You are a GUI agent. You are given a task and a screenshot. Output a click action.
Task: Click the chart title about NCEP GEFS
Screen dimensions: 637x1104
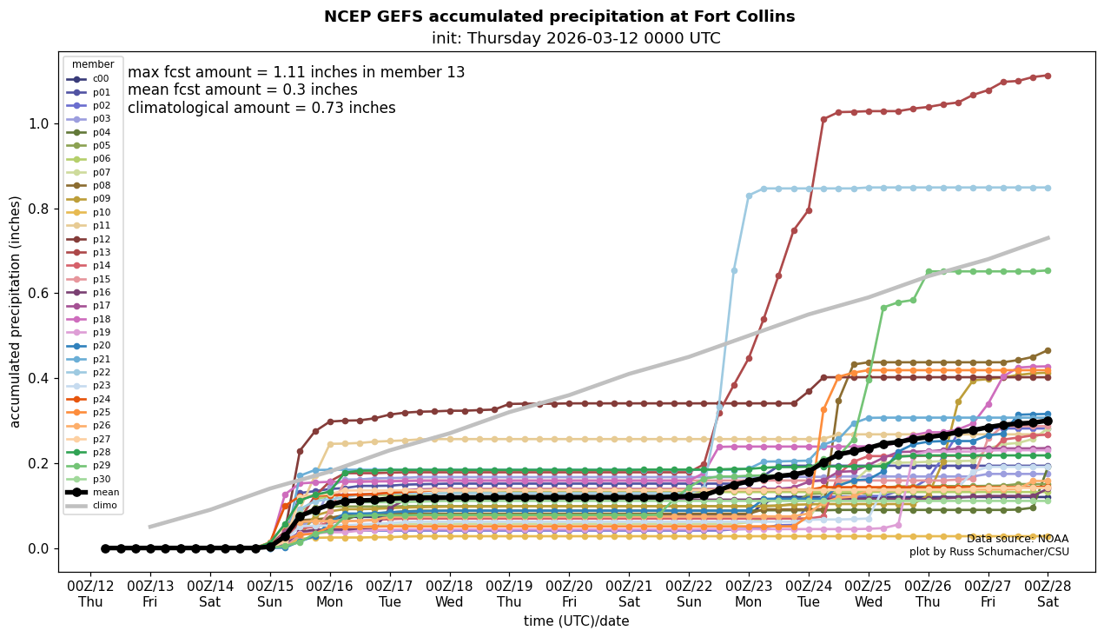pyautogui.click(x=559, y=17)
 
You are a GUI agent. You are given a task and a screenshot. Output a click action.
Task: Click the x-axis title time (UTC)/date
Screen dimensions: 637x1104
pyautogui.click(x=576, y=621)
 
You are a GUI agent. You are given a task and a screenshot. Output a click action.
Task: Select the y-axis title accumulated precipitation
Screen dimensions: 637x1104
pyautogui.click(x=15, y=311)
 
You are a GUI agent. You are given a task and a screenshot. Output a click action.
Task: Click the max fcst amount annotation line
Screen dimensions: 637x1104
pyautogui.click(x=296, y=72)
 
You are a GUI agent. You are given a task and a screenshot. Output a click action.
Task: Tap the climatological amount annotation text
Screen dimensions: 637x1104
pyautogui.click(x=261, y=108)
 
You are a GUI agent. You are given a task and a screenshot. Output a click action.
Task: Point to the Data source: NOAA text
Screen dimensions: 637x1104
pyautogui.click(x=1017, y=539)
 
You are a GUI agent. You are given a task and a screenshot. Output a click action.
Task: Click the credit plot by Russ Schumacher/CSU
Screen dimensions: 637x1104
pyautogui.click(x=988, y=552)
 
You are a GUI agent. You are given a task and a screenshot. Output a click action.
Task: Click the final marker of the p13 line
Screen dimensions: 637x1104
pyautogui.click(x=1048, y=76)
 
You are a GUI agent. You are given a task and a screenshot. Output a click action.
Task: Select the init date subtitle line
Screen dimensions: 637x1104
pyautogui.click(x=576, y=38)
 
